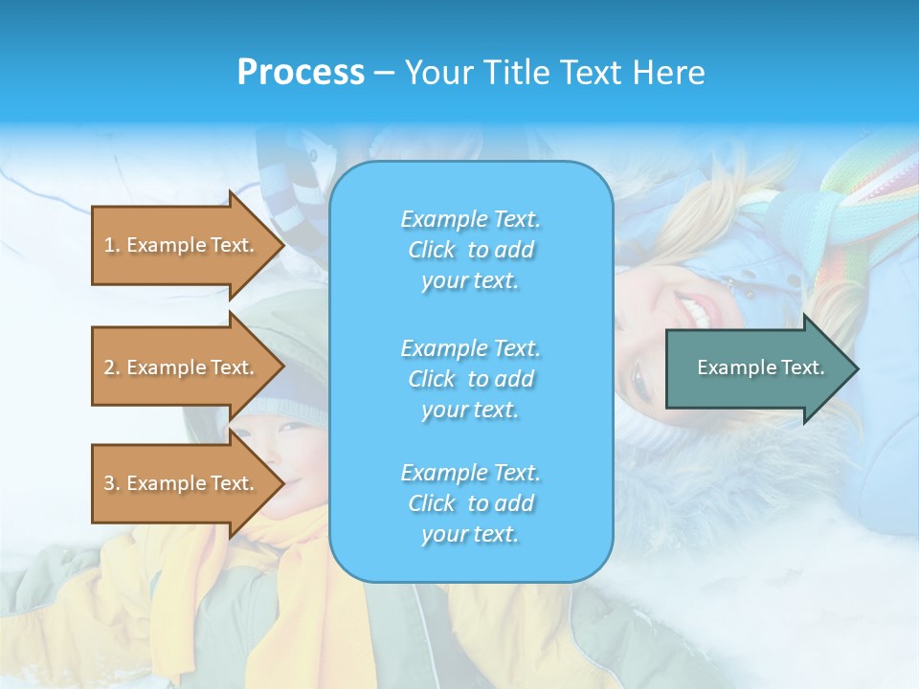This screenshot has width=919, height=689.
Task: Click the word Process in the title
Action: pyautogui.click(x=301, y=73)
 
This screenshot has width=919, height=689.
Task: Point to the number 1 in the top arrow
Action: pyautogui.click(x=109, y=245)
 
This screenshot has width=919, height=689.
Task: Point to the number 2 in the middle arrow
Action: pyautogui.click(x=109, y=367)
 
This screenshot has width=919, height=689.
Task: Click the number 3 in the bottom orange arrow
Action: pyautogui.click(x=109, y=483)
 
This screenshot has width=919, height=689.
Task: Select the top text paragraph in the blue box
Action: pyautogui.click(x=470, y=250)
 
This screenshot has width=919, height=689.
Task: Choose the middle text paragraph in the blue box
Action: pyautogui.click(x=470, y=379)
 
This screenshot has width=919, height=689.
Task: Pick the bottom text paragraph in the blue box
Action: pyautogui.click(x=470, y=503)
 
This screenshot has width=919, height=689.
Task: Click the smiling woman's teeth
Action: pyautogui.click(x=698, y=308)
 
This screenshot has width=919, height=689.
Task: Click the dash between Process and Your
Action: pyautogui.click(x=384, y=73)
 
